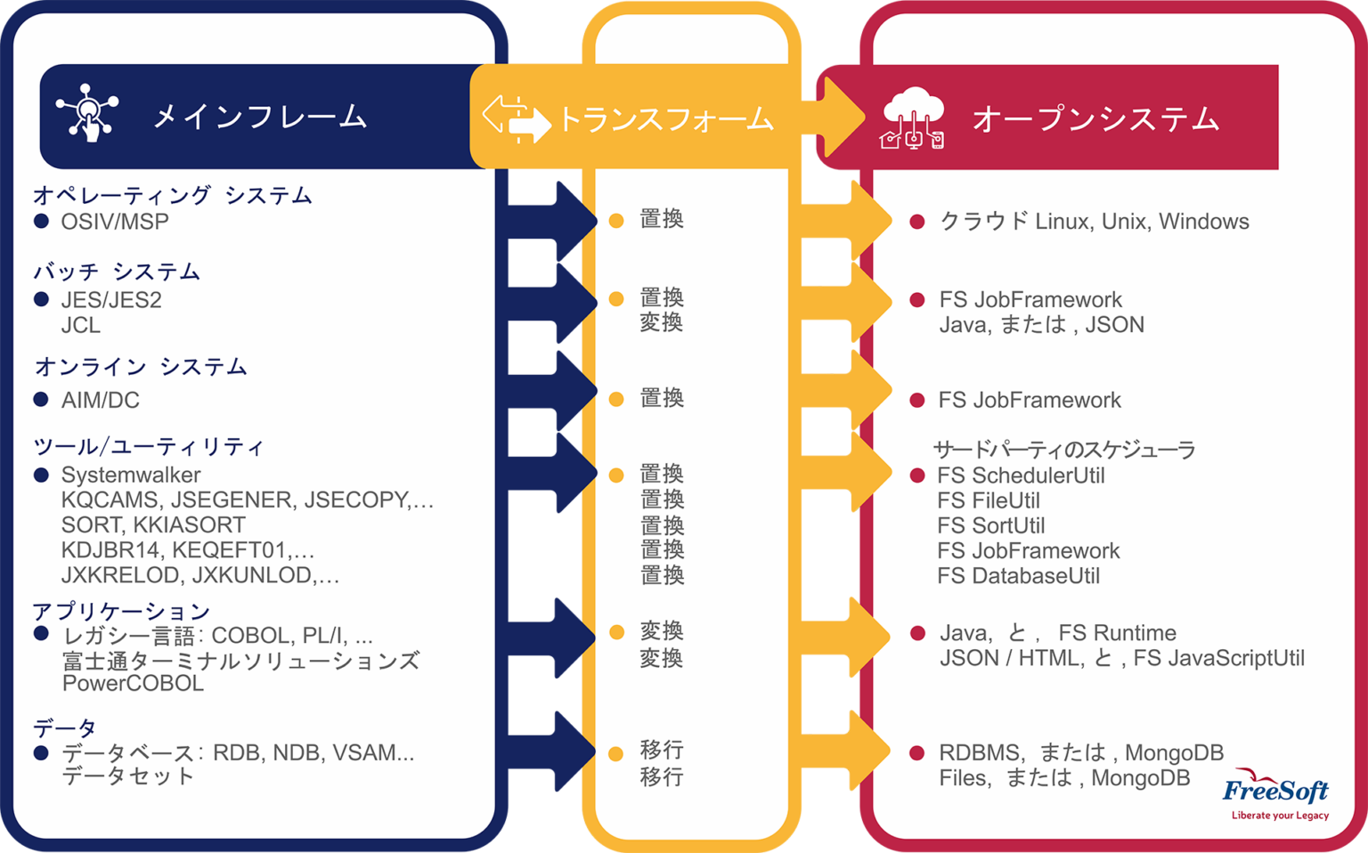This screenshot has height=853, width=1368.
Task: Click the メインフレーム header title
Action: (x=259, y=117)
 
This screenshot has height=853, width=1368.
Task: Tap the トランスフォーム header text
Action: (x=665, y=119)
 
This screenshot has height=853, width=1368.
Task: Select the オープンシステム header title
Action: (x=1095, y=118)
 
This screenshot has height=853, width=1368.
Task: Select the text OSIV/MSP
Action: (x=115, y=222)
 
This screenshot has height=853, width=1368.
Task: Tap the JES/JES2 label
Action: (x=111, y=300)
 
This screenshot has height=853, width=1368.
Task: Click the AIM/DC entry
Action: (x=100, y=400)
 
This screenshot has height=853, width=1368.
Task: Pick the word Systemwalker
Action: (x=131, y=475)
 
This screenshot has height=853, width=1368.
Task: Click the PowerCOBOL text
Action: (x=133, y=683)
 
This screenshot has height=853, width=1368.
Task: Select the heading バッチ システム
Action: (x=117, y=271)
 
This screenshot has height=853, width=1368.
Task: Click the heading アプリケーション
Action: (x=121, y=611)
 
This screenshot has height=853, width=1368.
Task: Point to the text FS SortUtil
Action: (x=990, y=525)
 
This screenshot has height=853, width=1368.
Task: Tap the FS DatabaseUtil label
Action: (x=1018, y=576)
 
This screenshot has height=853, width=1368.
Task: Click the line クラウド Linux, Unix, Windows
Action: (x=1094, y=221)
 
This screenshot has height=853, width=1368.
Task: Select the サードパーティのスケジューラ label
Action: (x=1064, y=450)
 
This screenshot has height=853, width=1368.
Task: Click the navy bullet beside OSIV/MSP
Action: (x=41, y=221)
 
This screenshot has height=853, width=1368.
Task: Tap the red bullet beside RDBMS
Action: (x=916, y=753)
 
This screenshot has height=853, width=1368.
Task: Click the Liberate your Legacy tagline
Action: (x=1280, y=815)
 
